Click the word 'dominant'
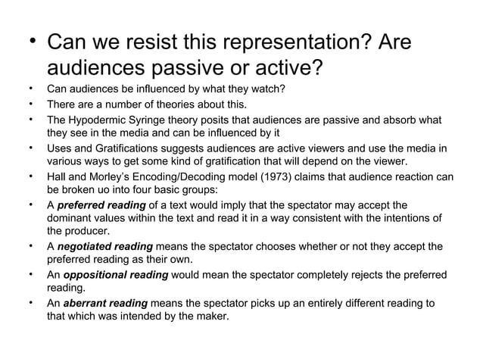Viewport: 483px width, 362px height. [69, 218]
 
